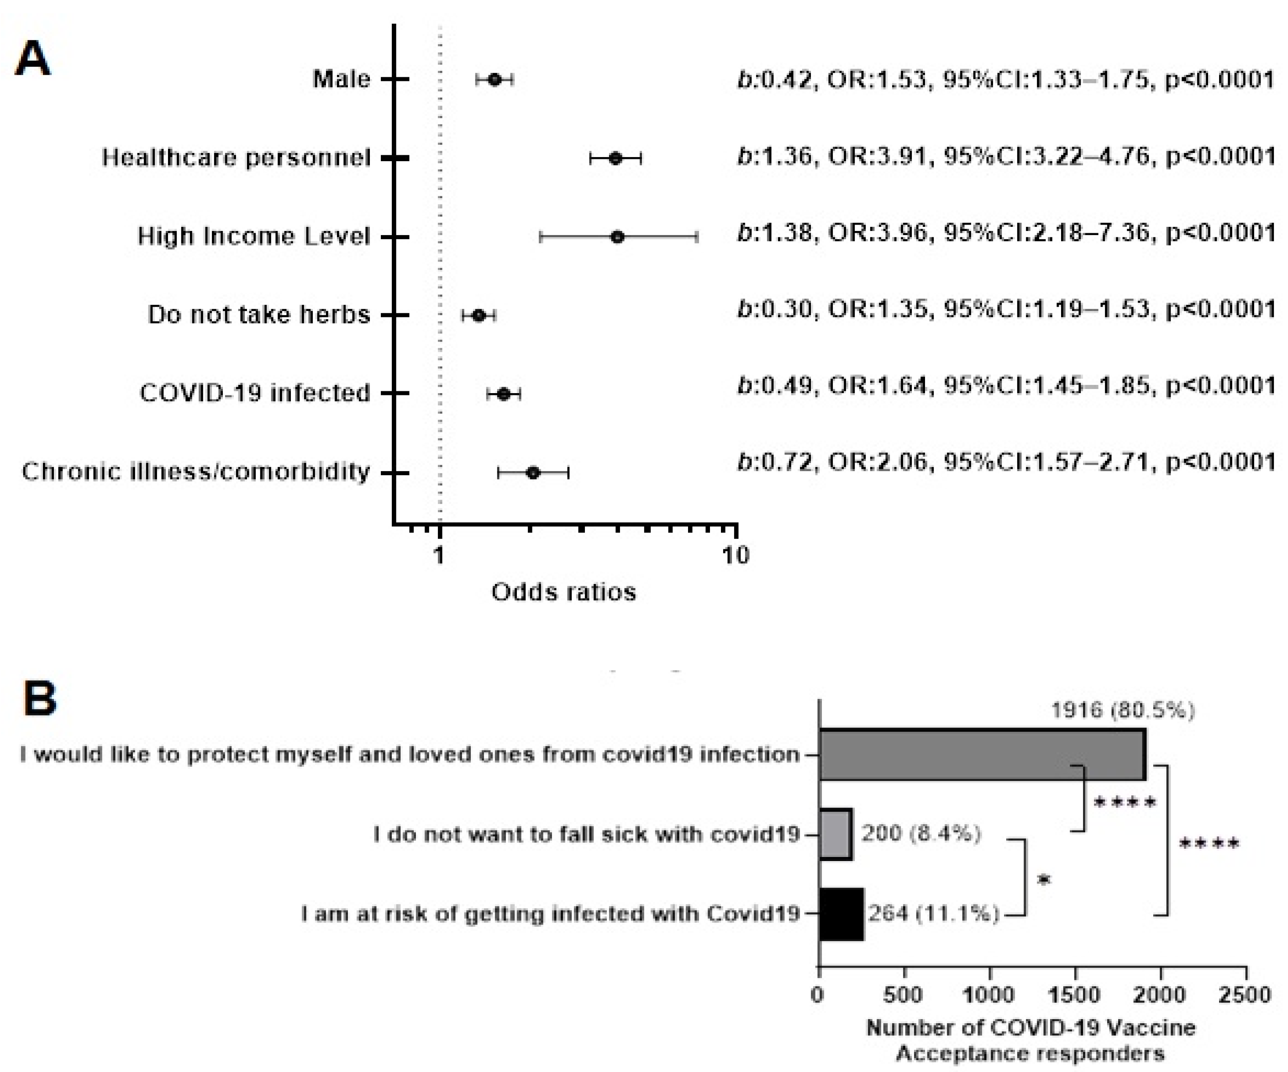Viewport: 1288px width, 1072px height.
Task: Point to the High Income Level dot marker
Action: click(618, 236)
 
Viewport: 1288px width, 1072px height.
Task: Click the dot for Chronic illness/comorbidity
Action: click(533, 473)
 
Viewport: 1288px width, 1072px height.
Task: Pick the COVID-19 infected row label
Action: click(254, 393)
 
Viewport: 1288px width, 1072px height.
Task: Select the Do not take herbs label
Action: click(259, 315)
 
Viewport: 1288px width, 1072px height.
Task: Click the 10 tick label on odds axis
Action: click(735, 556)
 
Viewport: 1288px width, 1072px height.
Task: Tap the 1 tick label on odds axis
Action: click(438, 556)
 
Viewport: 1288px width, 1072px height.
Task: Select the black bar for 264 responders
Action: click(841, 914)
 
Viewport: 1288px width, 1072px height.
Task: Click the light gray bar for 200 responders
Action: click(836, 834)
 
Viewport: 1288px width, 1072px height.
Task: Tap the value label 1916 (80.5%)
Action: click(1122, 710)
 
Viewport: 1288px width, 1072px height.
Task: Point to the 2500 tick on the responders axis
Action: click(1245, 995)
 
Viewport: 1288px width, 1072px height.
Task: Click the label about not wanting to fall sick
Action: click(586, 834)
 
